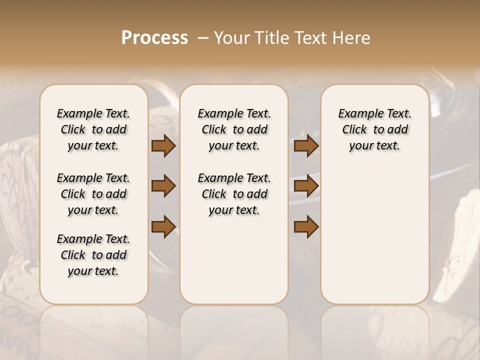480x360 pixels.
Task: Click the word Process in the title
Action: pos(154,38)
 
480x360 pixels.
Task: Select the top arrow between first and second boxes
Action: pos(163,146)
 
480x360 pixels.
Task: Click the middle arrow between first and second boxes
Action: pos(163,186)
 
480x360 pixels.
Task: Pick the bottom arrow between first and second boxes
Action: pos(163,226)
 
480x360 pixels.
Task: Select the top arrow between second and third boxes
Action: pos(306,146)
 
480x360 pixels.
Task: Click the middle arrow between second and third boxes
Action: pos(306,186)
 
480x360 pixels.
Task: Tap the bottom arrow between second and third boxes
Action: pos(306,226)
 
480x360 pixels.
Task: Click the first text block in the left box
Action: pos(93,129)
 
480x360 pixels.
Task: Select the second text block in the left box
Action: pos(93,194)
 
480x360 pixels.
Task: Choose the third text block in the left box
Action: pos(93,255)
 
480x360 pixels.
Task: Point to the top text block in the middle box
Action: pos(234,129)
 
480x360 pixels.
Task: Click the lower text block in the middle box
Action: pos(234,194)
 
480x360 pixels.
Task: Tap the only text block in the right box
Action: pos(374,129)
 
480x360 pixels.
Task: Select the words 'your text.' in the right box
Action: pos(374,146)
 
